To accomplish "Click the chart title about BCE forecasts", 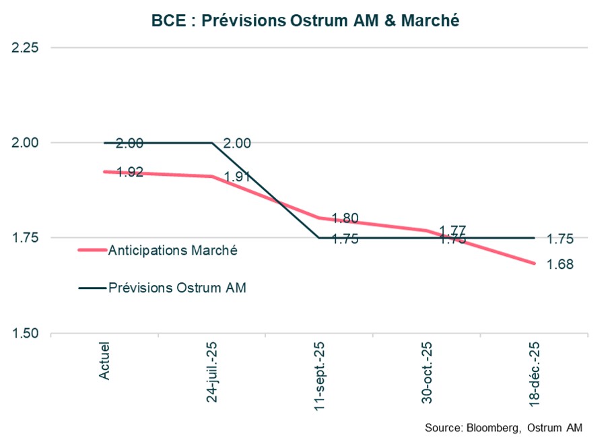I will [305, 20].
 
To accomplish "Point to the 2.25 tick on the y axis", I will [24, 48].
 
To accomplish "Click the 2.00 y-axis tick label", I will [24, 143].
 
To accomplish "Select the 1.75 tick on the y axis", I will [24, 238].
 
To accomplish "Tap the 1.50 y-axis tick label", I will [24, 333].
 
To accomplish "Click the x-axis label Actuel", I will [105, 360].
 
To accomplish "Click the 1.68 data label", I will [560, 265].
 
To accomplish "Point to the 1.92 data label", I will [129, 172].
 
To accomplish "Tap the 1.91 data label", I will [237, 178].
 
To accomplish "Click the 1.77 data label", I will [452, 230].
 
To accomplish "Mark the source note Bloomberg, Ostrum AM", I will [504, 428].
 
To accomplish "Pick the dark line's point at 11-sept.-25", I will [320, 238].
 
